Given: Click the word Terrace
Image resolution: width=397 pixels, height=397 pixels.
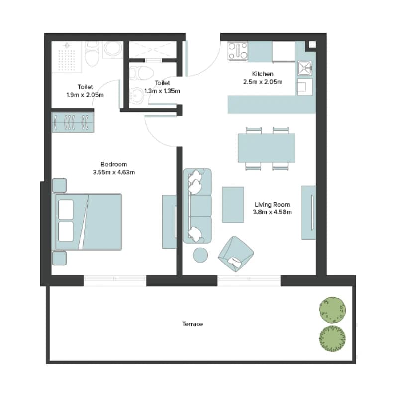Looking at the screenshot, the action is point(193,324).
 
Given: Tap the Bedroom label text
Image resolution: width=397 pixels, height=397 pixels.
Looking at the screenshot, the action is point(114,164).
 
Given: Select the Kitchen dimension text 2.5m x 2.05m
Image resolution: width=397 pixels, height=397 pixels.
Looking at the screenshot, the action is point(263,82).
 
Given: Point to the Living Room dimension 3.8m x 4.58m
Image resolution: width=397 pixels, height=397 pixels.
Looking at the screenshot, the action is point(272,212).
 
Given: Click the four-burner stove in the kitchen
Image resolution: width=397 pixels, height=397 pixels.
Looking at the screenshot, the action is point(238,51).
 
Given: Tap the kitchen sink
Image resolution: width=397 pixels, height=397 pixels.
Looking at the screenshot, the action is point(305,68).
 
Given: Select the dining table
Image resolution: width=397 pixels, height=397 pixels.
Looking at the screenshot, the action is point(266,148).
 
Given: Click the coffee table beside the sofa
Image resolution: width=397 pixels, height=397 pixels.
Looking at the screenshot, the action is point(233,205).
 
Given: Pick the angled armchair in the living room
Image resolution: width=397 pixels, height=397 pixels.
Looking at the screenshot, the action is point(236,254).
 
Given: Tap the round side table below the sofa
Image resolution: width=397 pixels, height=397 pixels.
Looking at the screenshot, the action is point(200,255).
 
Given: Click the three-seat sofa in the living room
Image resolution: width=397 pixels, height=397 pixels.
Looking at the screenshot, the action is point(197,206).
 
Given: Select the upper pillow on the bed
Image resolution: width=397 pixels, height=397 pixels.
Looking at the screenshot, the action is point(66,209).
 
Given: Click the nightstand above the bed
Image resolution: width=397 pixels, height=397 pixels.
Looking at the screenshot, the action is point(59,186).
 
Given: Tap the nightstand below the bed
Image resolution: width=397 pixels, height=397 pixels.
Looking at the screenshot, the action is point(59,258).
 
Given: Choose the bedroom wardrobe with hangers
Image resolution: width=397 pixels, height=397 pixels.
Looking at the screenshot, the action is point(73,122).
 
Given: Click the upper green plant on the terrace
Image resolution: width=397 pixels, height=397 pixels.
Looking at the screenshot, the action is point(332,310).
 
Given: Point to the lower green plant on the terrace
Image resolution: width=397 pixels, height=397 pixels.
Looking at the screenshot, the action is point(332,339).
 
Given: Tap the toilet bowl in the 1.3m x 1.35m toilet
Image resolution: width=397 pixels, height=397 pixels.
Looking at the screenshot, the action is point(141,73).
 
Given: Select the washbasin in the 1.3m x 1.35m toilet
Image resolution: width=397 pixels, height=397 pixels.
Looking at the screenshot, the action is point(136,96).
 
